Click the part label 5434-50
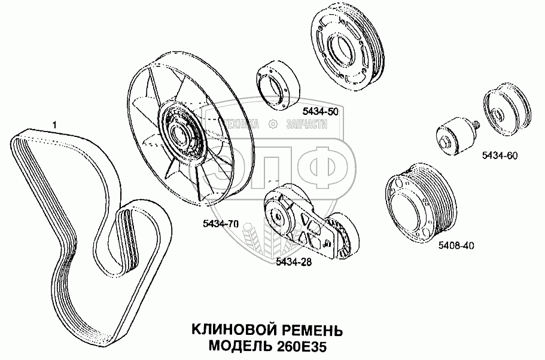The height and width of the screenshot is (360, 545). point(320,111)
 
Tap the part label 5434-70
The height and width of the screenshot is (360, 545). point(221,224)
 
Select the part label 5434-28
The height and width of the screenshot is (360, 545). point(294,262)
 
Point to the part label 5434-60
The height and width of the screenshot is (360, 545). point(500,155)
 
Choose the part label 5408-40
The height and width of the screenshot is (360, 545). point(456,246)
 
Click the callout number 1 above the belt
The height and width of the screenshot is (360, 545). point(54,124)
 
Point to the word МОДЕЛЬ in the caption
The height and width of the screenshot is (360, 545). point(239,346)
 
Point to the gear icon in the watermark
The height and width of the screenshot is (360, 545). point(273,124)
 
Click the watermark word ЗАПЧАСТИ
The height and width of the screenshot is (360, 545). point(307,124)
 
